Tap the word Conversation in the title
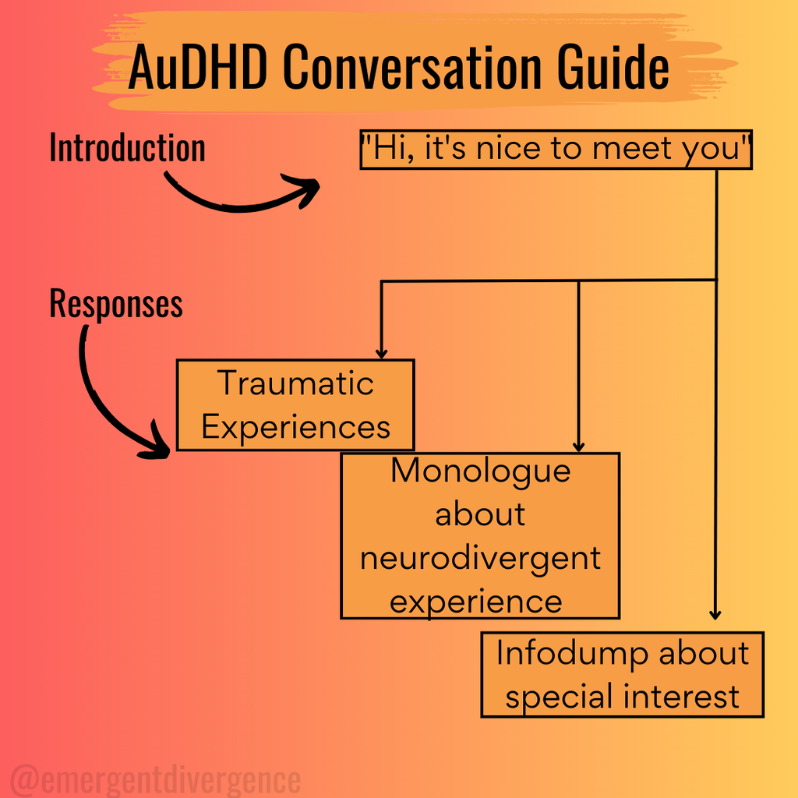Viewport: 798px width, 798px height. click(410, 68)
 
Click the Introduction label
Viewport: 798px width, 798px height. click(127, 148)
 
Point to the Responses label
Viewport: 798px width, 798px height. click(116, 303)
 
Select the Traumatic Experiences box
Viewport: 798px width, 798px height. click(295, 404)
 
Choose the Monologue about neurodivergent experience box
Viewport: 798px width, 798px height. click(480, 535)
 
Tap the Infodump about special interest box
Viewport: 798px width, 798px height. click(622, 674)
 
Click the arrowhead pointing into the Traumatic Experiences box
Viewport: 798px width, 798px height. click(381, 353)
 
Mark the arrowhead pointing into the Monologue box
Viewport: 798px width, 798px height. click(578, 447)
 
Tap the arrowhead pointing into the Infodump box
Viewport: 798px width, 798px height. click(716, 615)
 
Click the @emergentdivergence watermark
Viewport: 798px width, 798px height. click(156, 779)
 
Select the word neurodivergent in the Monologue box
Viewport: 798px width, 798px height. click(480, 558)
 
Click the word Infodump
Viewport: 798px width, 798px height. click(573, 653)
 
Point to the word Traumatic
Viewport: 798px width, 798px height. click(295, 383)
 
